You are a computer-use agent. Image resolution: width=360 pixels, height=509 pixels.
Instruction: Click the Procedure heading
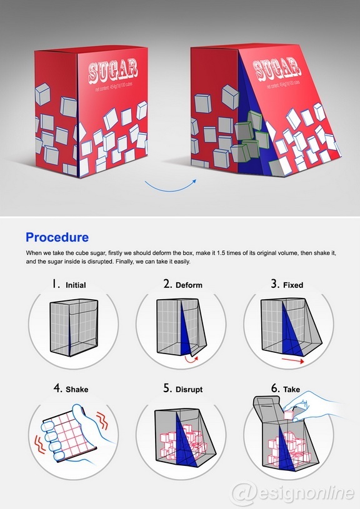(x=57, y=237)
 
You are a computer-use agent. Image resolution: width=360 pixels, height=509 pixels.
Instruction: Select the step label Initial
(x=76, y=285)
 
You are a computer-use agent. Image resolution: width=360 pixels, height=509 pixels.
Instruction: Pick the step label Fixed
(x=293, y=285)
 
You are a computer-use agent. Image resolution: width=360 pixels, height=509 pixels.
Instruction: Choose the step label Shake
(x=77, y=389)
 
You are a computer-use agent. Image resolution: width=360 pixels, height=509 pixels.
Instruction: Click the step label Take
(x=291, y=389)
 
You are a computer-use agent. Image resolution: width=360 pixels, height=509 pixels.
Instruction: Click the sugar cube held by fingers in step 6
(x=290, y=413)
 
